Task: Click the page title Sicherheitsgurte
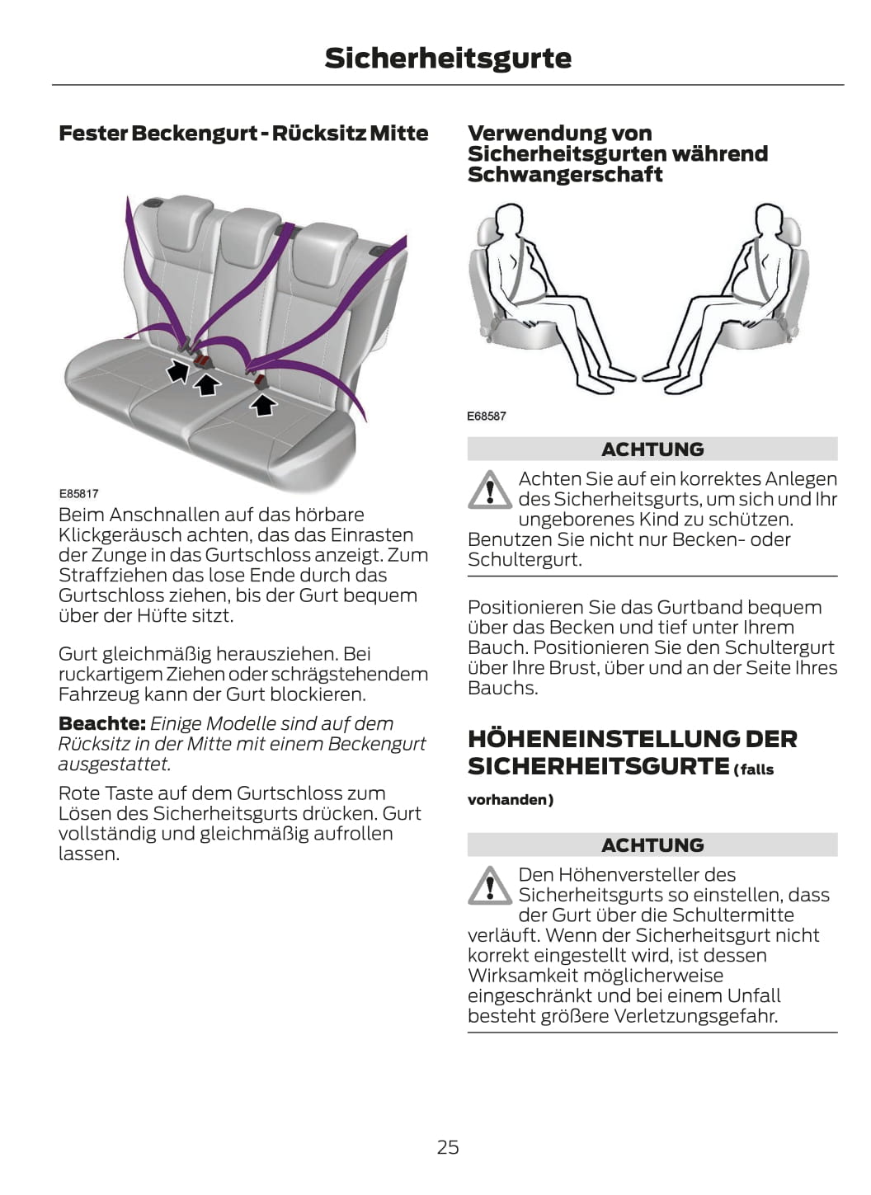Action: click(x=448, y=59)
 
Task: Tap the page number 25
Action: click(x=448, y=1146)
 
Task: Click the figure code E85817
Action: click(x=78, y=493)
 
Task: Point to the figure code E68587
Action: click(x=486, y=416)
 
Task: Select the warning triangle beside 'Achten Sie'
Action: click(x=490, y=490)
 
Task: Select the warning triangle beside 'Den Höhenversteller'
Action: click(x=490, y=886)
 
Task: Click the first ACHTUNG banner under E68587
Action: click(x=652, y=449)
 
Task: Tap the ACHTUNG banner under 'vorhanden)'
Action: click(x=652, y=845)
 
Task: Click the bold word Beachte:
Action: click(x=102, y=723)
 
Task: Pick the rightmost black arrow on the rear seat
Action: click(x=263, y=404)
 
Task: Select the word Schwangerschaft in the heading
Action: click(x=565, y=175)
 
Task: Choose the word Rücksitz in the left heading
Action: click(x=318, y=134)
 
